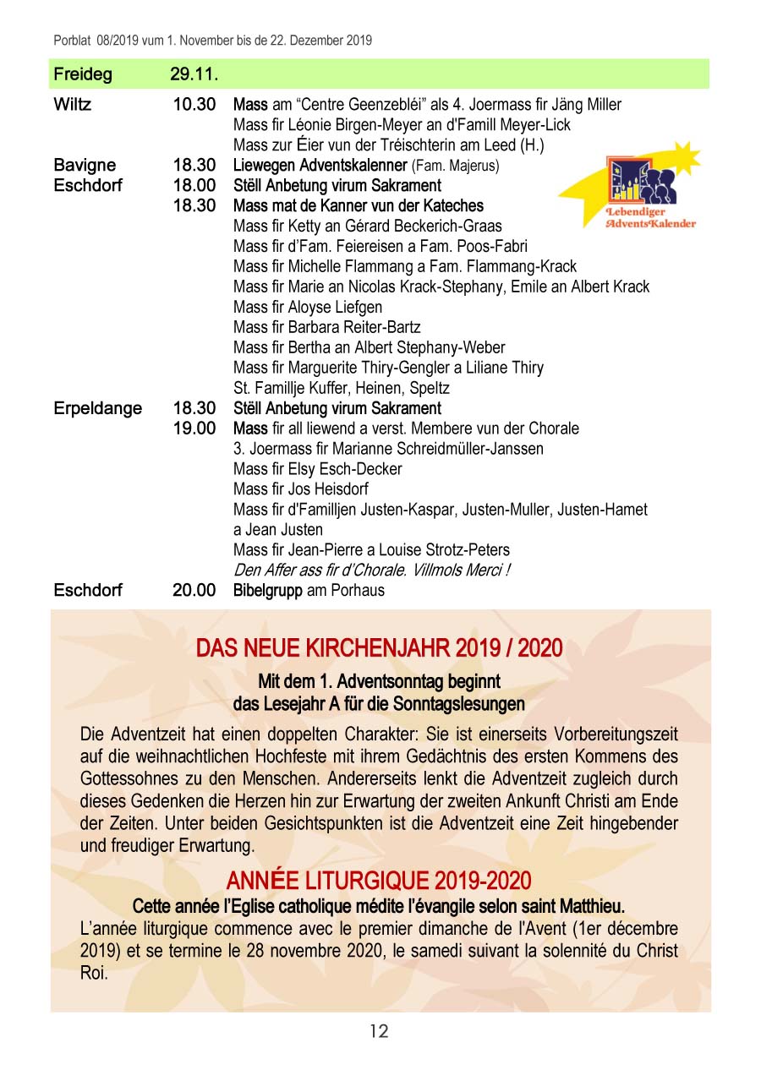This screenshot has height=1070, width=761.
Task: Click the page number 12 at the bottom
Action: tap(379, 1031)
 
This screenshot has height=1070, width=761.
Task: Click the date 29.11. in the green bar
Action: tap(194, 74)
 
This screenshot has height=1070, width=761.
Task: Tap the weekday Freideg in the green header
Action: tap(83, 74)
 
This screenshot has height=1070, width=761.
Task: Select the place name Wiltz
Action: tap(73, 105)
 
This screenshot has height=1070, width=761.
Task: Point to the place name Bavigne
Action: tap(85, 165)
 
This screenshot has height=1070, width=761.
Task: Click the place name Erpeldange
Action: tap(98, 408)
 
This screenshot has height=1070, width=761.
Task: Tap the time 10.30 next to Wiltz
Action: tap(194, 105)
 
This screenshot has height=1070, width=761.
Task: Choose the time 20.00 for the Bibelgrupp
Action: tap(194, 590)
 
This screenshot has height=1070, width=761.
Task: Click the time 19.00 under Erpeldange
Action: tap(194, 429)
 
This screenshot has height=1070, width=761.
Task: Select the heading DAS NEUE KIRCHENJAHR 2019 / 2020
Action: tap(379, 648)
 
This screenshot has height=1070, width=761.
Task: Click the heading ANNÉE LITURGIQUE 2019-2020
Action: tap(379, 882)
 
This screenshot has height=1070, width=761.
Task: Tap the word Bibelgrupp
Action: tap(267, 590)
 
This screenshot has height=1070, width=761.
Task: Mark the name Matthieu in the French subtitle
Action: tap(589, 906)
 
